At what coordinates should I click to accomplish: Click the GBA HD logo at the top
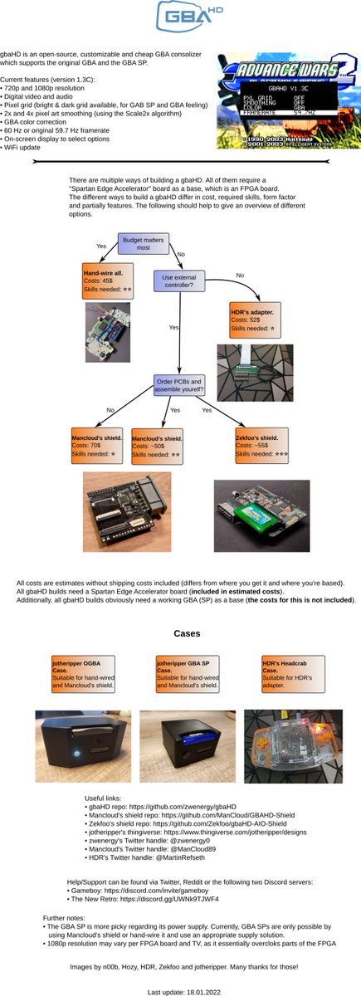point(180,17)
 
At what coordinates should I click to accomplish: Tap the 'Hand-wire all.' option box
point(108,281)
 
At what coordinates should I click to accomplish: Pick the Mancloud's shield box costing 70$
point(98,446)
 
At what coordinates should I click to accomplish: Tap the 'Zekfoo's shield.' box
point(261,446)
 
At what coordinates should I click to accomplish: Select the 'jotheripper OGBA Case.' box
point(80,672)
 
